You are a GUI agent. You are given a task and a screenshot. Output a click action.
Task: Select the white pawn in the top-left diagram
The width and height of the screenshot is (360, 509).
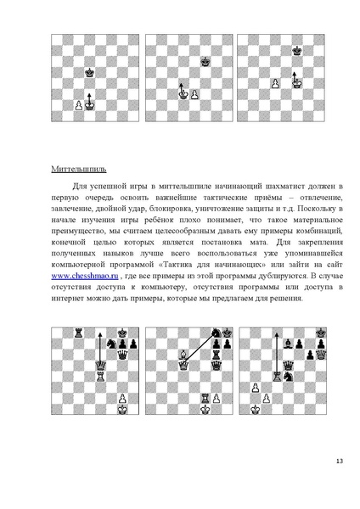click(78, 105)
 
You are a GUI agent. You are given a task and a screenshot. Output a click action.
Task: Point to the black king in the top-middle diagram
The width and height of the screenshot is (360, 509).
click(205, 61)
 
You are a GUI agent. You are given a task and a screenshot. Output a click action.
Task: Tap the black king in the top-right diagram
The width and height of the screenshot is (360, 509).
click(296, 51)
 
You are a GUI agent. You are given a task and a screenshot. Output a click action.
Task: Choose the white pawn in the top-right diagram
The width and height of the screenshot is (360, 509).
click(275, 83)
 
